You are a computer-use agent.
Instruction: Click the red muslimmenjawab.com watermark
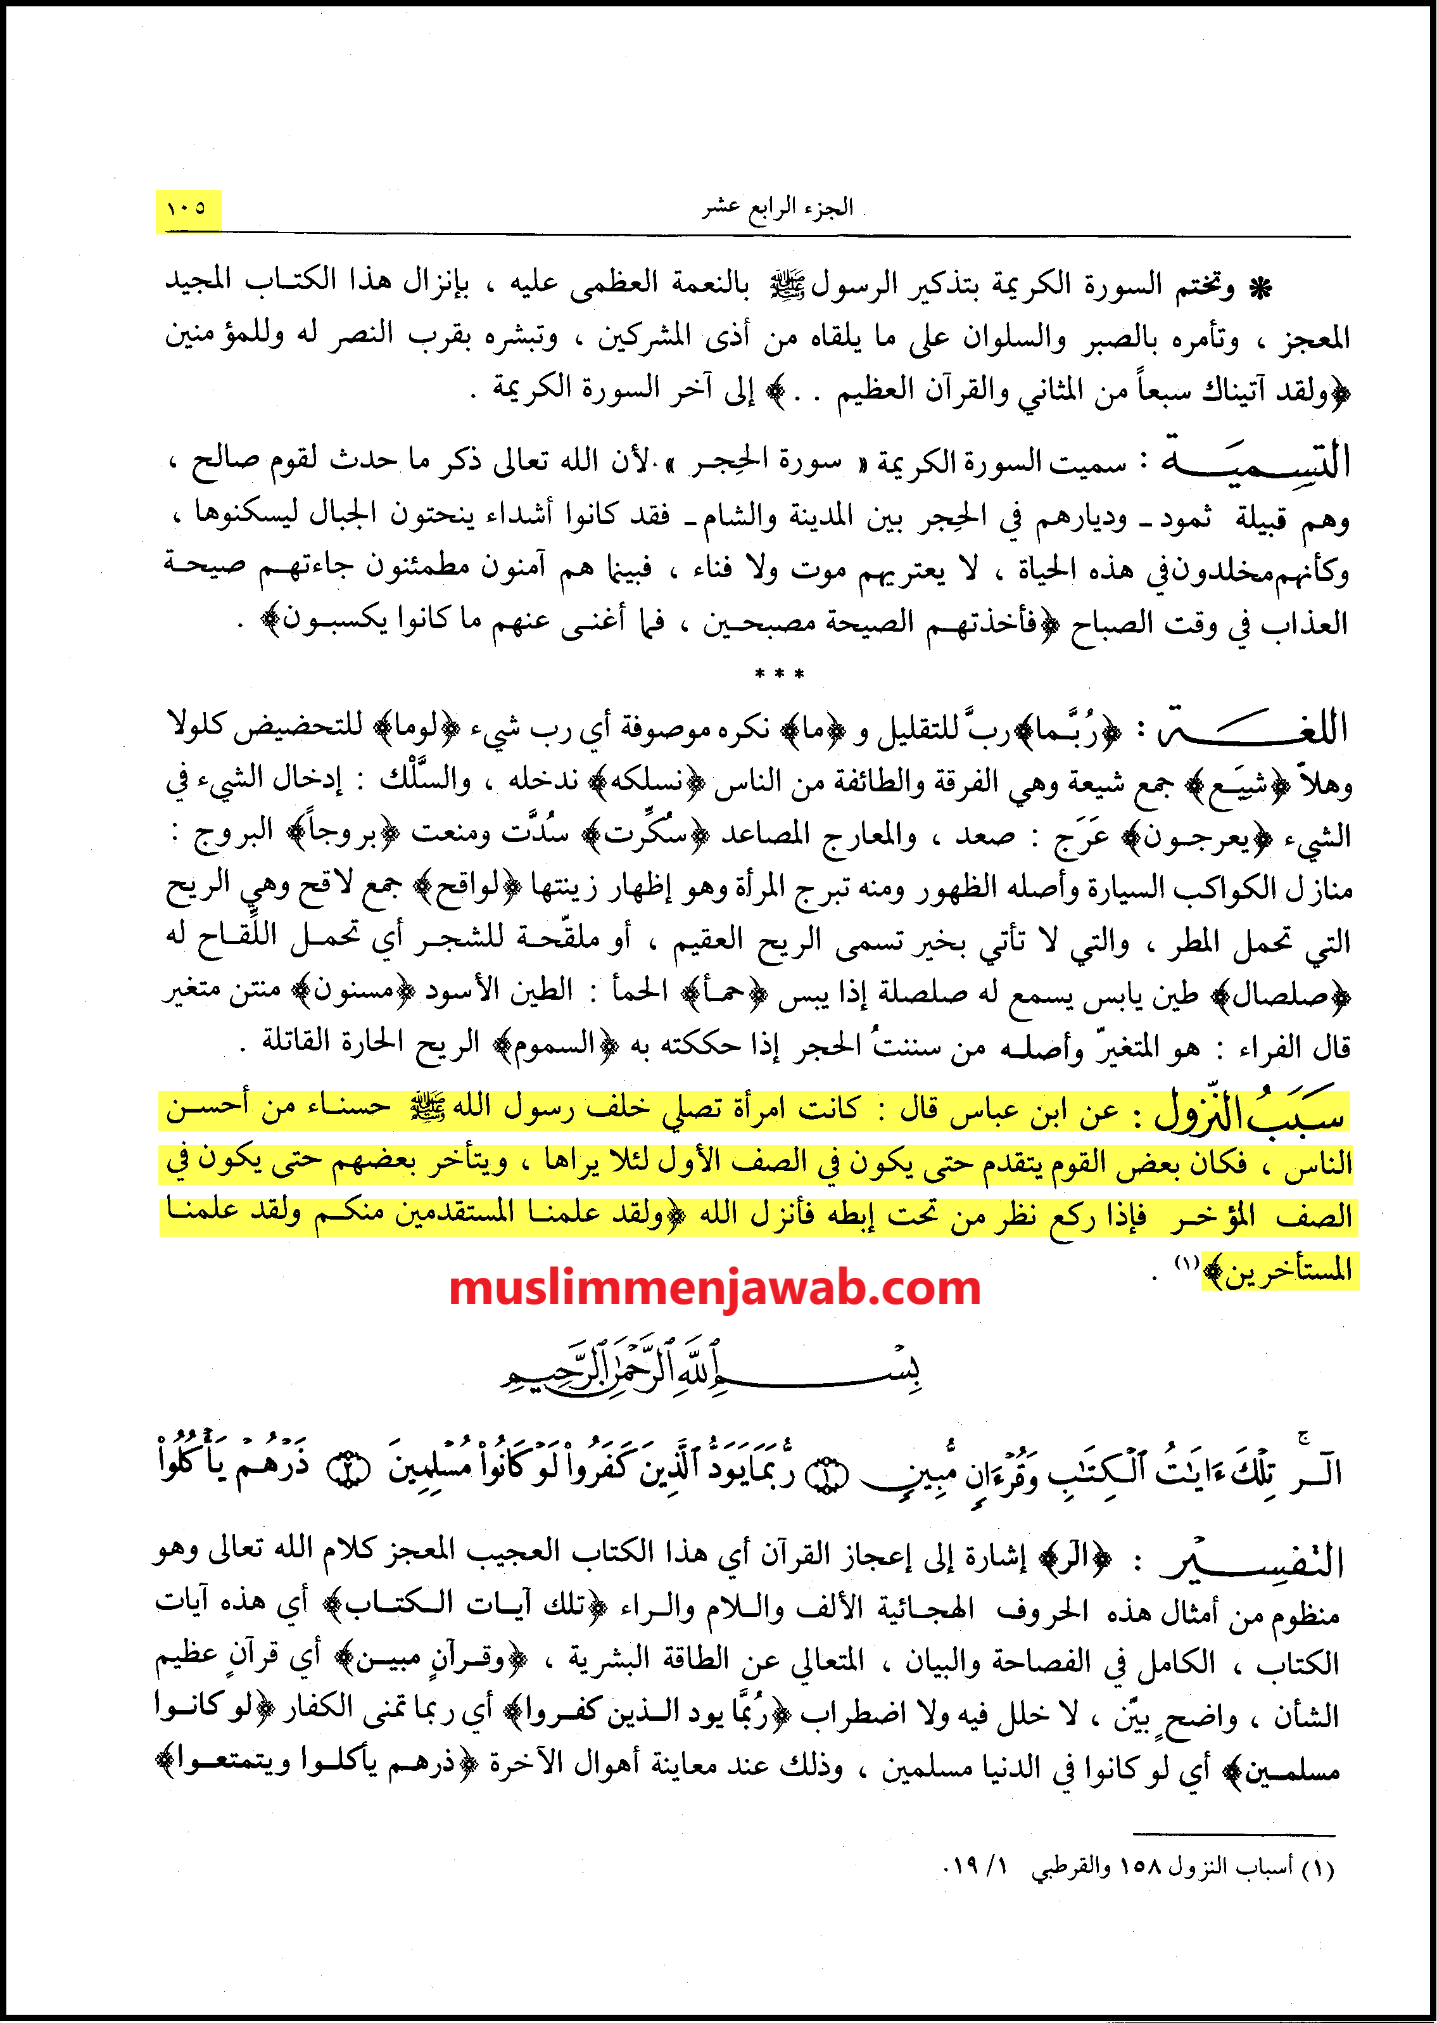715,1289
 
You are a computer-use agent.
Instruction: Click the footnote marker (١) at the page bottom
1319,1868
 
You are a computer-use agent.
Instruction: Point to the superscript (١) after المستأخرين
1186,1263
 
